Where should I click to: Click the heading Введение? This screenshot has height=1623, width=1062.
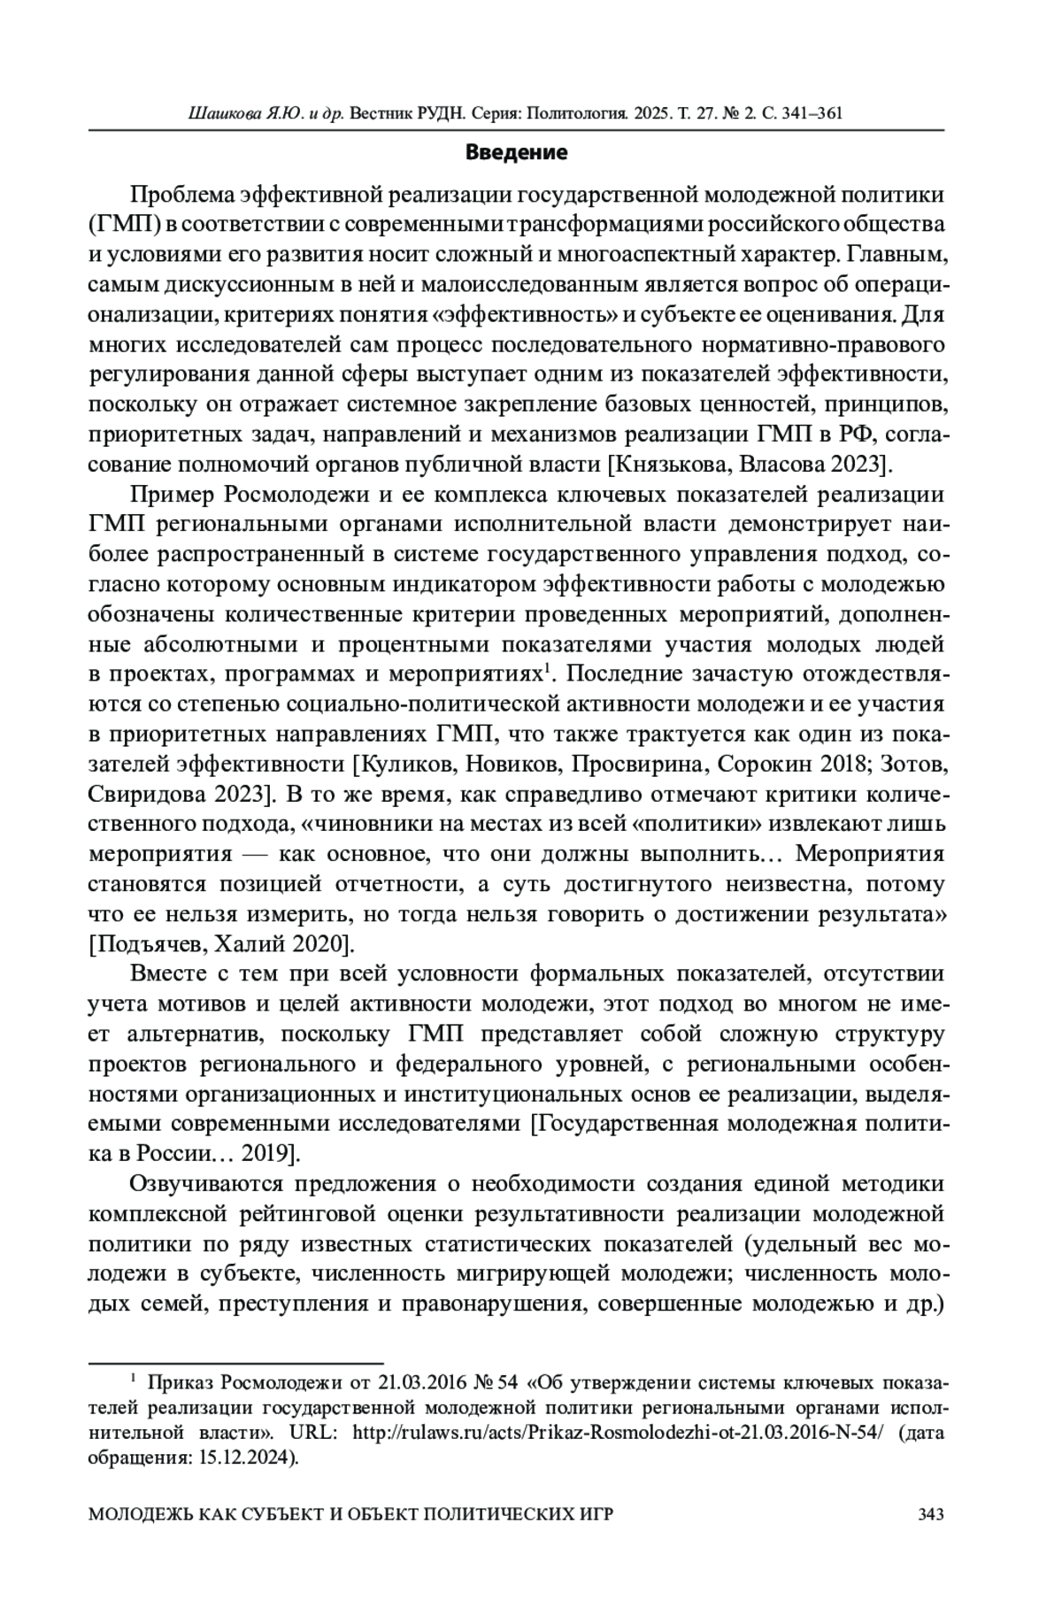click(x=517, y=153)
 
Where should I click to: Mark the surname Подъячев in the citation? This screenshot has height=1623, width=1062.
click(x=145, y=943)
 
